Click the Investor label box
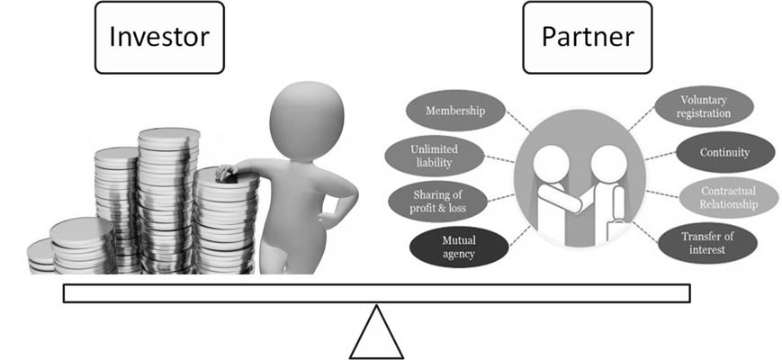click(158, 38)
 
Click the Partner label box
click(587, 38)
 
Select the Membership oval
click(457, 112)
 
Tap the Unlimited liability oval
click(434, 155)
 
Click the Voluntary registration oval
click(704, 107)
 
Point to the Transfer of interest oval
click(706, 243)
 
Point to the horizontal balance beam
click(376, 293)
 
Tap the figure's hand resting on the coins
click(226, 171)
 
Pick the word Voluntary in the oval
click(704, 100)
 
